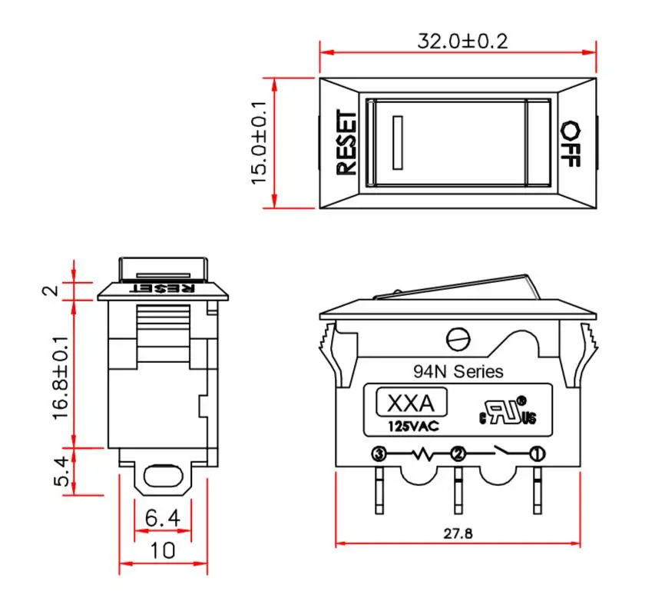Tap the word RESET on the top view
tap(346, 143)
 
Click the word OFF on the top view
tap(570, 143)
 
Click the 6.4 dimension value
tap(162, 519)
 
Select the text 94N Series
tap(458, 372)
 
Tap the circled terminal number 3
tap(378, 454)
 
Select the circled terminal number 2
tap(458, 454)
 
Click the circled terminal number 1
tap(538, 454)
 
